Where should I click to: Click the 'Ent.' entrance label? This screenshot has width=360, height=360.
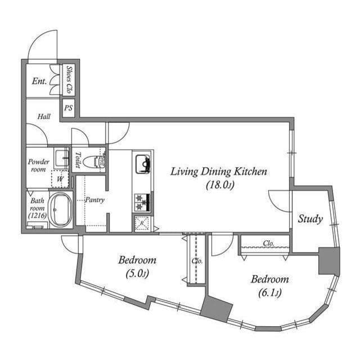(x=39, y=82)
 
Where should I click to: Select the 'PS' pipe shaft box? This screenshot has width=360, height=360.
(x=69, y=108)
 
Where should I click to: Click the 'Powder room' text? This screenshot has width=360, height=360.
(x=39, y=165)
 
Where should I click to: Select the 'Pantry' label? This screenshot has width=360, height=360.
(x=94, y=200)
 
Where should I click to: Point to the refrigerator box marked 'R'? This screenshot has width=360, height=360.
(x=142, y=223)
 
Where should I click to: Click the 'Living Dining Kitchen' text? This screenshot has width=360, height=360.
(x=219, y=172)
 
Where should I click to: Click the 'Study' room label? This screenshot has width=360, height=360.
(x=310, y=219)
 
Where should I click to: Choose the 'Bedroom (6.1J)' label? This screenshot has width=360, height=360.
(x=269, y=286)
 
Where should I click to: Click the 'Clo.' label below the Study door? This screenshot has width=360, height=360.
(x=269, y=244)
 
